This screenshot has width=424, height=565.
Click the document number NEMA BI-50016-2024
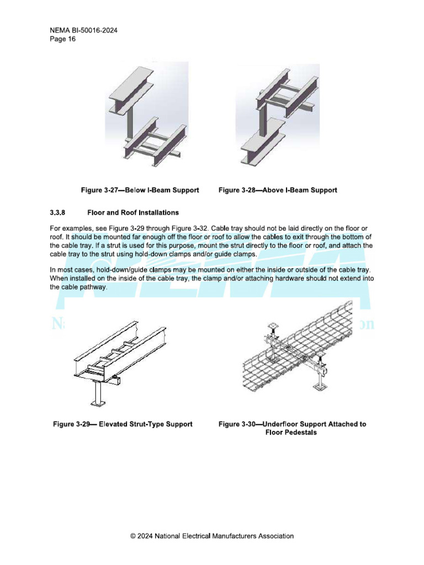click(x=83, y=31)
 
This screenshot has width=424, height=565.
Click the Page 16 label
click(x=62, y=39)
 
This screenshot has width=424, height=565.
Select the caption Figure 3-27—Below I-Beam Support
click(x=140, y=190)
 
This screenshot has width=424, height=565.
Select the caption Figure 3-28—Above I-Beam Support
click(x=278, y=190)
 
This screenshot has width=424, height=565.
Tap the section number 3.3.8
click(x=58, y=212)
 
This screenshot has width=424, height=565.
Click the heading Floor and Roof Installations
click(x=133, y=212)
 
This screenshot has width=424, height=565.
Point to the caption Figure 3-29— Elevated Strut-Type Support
click(x=123, y=424)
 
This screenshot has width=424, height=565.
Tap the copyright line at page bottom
click(x=212, y=536)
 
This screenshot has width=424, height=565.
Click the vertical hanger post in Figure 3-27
click(x=130, y=124)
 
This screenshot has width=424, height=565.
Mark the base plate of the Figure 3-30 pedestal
click(x=319, y=388)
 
